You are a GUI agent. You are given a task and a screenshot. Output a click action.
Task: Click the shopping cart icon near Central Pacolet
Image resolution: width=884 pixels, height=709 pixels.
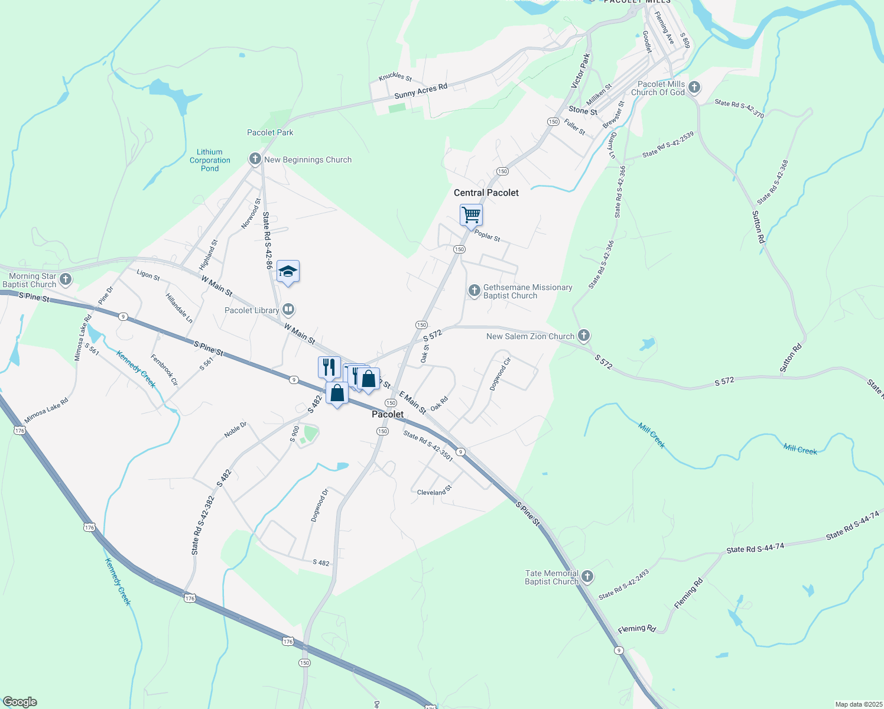pyautogui.click(x=471, y=214)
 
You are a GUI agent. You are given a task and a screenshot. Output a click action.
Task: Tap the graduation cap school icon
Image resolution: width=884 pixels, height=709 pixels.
pyautogui.click(x=288, y=271)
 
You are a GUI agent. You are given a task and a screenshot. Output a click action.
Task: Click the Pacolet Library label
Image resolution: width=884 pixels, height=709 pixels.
pyautogui.click(x=252, y=310)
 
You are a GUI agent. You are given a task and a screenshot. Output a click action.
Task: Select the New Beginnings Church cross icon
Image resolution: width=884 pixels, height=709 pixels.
pyautogui.click(x=255, y=159)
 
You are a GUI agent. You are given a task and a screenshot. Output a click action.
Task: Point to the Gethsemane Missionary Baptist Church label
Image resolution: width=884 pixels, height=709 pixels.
pyautogui.click(x=527, y=291)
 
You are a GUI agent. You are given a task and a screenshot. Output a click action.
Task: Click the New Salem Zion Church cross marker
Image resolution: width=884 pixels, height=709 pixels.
pyautogui.click(x=584, y=336)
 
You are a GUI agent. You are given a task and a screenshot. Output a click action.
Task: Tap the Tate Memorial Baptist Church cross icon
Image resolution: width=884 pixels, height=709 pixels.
pyautogui.click(x=587, y=577)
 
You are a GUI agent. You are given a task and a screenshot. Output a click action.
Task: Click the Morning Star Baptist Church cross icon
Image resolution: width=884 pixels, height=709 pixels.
pyautogui.click(x=66, y=279)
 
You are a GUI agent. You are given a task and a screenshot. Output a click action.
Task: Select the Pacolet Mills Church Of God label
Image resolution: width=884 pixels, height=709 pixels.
pyautogui.click(x=658, y=88)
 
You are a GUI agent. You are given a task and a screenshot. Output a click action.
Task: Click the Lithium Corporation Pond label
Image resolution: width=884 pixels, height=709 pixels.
pyautogui.click(x=210, y=160)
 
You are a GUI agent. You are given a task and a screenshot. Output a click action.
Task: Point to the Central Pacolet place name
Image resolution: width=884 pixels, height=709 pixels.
pyautogui.click(x=486, y=193)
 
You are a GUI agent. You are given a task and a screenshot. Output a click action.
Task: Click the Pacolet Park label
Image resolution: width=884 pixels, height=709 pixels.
pyautogui.click(x=270, y=132)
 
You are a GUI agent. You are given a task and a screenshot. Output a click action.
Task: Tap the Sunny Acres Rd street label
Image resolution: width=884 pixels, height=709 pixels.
pyautogui.click(x=421, y=91)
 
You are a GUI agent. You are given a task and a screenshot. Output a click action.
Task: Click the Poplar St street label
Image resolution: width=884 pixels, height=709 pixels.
pyautogui.click(x=487, y=236)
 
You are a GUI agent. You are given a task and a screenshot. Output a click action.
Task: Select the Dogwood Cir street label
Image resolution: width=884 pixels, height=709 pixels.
pyautogui.click(x=500, y=373)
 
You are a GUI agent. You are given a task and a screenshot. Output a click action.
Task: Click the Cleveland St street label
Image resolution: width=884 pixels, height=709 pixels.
pyautogui.click(x=434, y=490)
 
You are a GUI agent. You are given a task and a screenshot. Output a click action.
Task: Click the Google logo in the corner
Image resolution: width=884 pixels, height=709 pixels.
pyautogui.click(x=19, y=702)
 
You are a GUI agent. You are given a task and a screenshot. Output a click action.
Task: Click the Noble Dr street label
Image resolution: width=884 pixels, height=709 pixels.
pyautogui.click(x=235, y=430)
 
